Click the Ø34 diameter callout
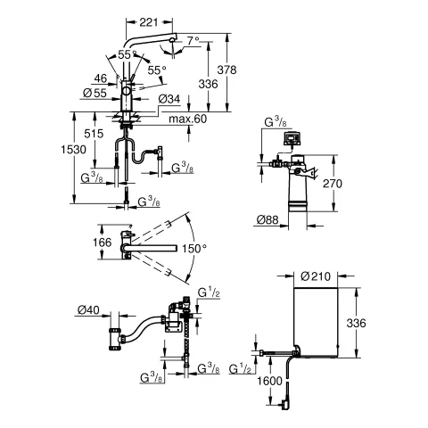pyautogui.click(x=172, y=99)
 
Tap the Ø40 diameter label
pyautogui.click(x=86, y=310)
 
